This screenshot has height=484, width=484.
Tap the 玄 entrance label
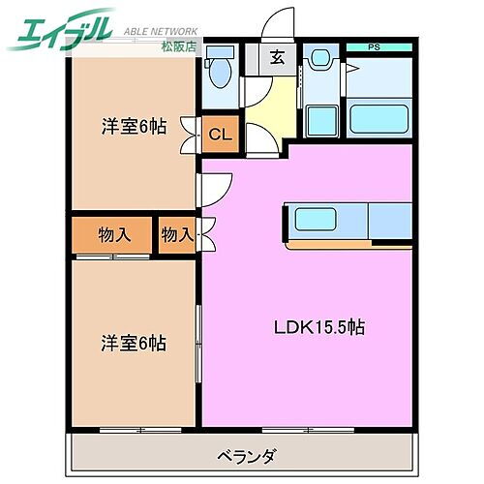coord(277,56)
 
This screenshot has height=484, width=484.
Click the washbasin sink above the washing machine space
coord(319,60)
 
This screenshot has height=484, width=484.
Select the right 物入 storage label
coord(177,233)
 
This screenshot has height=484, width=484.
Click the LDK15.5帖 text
coord(317,328)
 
